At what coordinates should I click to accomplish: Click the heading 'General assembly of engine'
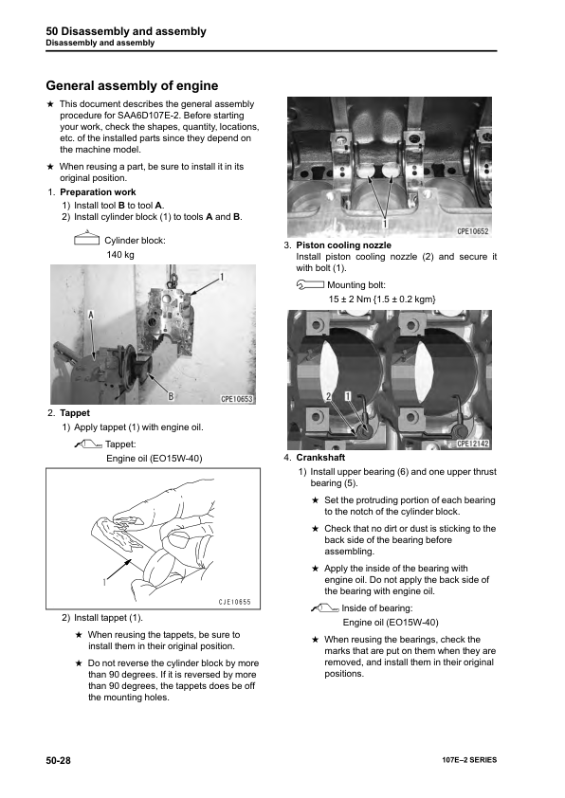[x=132, y=85]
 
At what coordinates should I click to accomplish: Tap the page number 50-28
[x=58, y=760]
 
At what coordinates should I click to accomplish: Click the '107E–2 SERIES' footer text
[x=469, y=760]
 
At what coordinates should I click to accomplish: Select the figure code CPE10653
[x=237, y=399]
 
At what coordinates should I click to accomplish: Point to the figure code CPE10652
[x=473, y=231]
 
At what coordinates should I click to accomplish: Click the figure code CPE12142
[x=473, y=444]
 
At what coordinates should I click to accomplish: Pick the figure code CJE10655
[x=235, y=602]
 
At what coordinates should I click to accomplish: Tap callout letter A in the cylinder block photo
[x=91, y=315]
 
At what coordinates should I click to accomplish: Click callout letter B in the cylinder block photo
[x=171, y=395]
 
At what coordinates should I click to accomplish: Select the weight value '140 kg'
[x=120, y=254]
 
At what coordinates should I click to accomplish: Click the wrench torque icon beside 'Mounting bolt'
[x=310, y=285]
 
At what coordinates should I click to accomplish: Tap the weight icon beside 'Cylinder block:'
[x=86, y=238]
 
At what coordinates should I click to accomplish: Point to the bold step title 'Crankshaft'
[x=320, y=458]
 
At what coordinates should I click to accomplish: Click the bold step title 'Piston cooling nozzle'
[x=343, y=245]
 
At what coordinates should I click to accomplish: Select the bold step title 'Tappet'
[x=75, y=413]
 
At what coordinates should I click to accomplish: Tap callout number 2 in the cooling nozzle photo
[x=329, y=395]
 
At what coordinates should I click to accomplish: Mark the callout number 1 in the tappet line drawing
[x=104, y=582]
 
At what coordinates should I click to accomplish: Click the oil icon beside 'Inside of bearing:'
[x=325, y=608]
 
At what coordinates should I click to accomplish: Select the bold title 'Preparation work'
[x=98, y=192]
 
